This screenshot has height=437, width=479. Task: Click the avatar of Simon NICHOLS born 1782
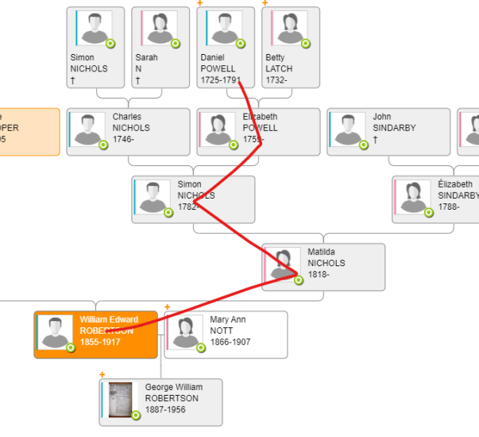152,196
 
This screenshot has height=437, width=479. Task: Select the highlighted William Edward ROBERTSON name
109,325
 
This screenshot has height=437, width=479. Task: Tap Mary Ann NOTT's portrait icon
185,331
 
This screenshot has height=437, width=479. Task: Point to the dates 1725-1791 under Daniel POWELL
218,80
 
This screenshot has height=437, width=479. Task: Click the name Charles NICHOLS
131,122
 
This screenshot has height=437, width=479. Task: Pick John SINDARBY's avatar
347,129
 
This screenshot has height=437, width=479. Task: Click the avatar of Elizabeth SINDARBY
412,196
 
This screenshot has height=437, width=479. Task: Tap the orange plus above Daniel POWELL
199,3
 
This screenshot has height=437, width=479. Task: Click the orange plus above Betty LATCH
265,3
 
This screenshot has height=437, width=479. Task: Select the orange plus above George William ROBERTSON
102,374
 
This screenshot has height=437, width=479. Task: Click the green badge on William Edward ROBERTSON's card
71,347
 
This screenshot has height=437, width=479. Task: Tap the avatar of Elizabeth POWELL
217,129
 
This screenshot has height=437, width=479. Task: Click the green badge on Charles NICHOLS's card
103,145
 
